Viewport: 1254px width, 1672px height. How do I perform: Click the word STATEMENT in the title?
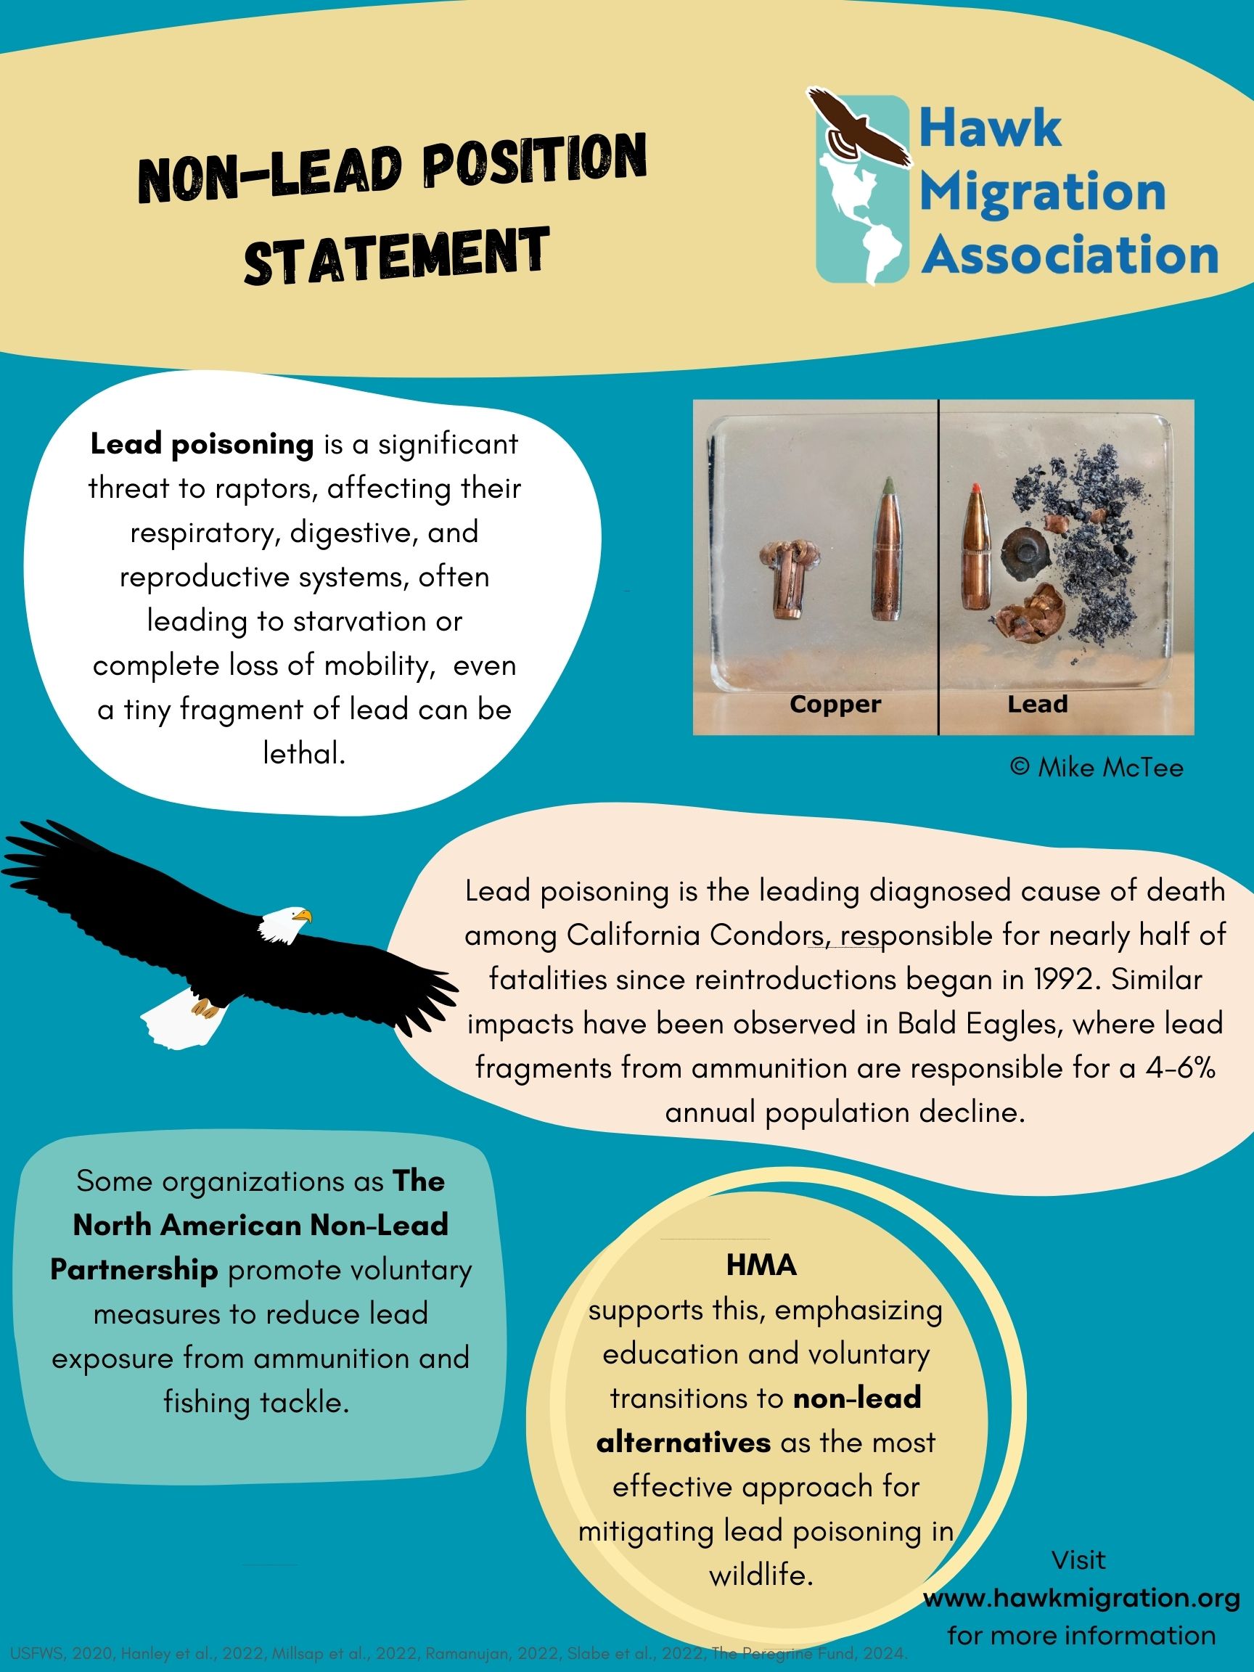tap(396, 257)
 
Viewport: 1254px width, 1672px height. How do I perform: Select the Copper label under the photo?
tap(835, 705)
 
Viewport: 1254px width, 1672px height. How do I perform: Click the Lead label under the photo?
tap(1037, 705)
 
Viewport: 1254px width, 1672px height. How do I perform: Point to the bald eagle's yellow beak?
tap(303, 916)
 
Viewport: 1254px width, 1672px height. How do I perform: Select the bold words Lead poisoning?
tap(202, 444)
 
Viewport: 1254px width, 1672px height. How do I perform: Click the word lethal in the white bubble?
tap(304, 753)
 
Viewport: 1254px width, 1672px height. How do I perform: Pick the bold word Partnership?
tap(134, 1270)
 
